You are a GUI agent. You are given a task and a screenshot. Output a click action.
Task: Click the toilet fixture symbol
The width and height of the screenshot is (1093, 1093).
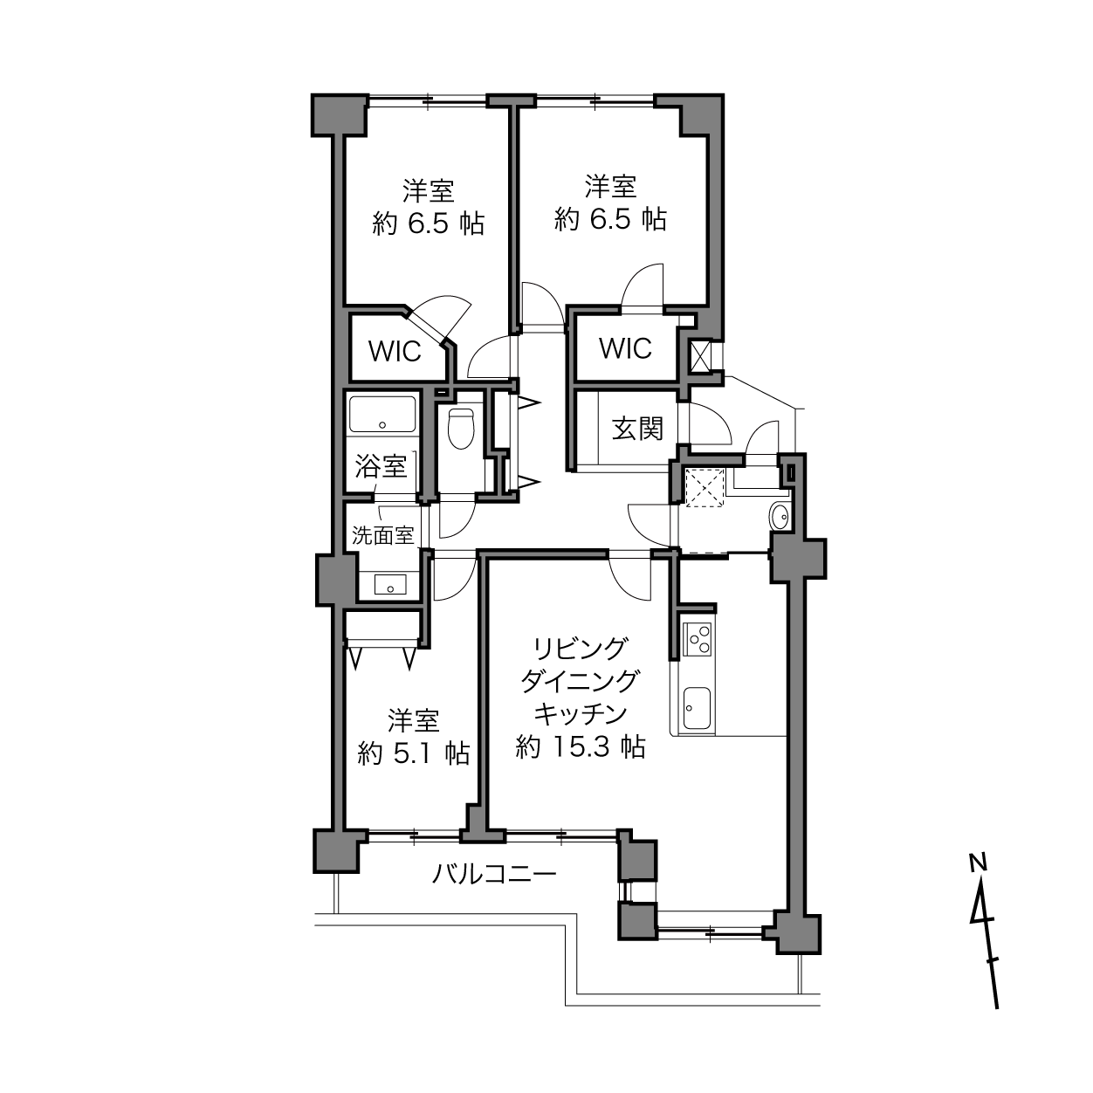[x=461, y=429]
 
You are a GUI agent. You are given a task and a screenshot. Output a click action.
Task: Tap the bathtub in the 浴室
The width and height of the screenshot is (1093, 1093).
[x=382, y=415]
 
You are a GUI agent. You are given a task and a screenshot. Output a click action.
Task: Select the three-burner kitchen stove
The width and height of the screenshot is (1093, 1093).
[x=698, y=639]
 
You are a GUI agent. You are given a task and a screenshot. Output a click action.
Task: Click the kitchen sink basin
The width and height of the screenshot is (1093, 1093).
[x=697, y=708]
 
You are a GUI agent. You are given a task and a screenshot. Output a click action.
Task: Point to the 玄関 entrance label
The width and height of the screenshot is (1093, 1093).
[x=637, y=429]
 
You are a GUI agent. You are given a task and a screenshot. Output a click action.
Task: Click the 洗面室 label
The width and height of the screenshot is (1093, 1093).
[x=383, y=535]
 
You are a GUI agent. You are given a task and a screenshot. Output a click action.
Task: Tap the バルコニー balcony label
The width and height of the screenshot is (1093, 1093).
[x=494, y=874]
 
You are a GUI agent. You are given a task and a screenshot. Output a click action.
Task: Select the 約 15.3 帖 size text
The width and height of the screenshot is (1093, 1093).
[x=581, y=747]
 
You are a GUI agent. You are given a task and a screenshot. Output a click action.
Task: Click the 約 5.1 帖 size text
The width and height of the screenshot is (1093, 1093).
[x=414, y=753]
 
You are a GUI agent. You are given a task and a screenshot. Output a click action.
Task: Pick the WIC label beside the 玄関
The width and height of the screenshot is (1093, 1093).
[x=625, y=348]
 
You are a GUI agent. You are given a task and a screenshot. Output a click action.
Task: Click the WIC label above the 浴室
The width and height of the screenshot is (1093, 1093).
[x=395, y=351]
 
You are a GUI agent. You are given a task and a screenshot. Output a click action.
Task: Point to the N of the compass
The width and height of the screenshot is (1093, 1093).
[x=977, y=863]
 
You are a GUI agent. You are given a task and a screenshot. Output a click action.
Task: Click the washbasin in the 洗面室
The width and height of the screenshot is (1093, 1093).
[x=390, y=584]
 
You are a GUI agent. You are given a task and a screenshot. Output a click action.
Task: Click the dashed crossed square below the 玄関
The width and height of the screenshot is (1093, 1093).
[x=705, y=486]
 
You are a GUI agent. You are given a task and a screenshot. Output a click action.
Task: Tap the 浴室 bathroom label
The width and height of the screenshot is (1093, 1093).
[x=381, y=466]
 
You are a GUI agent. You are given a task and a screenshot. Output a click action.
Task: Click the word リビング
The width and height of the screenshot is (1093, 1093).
[x=581, y=649]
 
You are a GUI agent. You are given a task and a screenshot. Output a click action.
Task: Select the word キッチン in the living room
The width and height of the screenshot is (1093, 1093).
[x=581, y=714]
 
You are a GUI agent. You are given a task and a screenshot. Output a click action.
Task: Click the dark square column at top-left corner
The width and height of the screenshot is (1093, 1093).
[x=339, y=115]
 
